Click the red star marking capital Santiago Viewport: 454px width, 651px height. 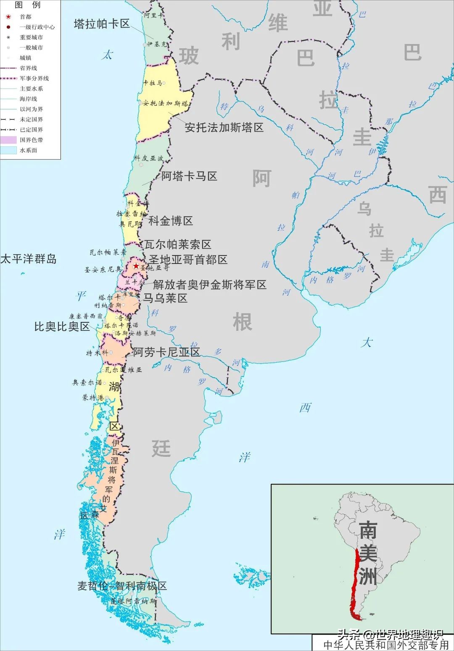[136, 266]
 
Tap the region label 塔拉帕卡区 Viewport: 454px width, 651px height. [102, 24]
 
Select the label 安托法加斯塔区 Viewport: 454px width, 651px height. [224, 127]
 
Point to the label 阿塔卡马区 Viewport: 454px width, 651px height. [189, 176]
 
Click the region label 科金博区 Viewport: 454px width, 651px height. [170, 221]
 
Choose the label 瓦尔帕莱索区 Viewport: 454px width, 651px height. [177, 244]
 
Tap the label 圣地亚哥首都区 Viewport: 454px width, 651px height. [188, 259]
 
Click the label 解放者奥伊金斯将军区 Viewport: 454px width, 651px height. [209, 285]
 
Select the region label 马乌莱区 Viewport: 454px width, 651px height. [165, 298]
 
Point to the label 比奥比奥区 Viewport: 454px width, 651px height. [62, 327]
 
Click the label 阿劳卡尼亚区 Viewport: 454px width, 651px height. [166, 352]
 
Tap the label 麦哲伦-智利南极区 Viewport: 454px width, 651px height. [122, 585]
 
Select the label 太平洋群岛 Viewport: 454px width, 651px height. [28, 258]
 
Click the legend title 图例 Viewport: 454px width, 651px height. [27, 5]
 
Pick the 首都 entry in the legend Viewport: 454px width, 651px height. [25, 17]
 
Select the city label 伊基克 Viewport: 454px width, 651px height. [156, 44]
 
